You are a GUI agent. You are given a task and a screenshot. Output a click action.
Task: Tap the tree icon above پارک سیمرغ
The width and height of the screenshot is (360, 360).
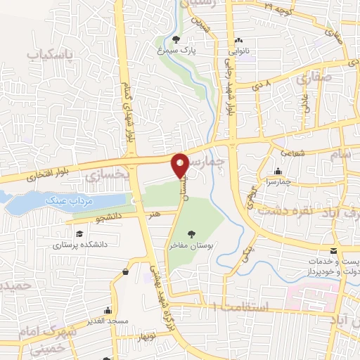point(175,40)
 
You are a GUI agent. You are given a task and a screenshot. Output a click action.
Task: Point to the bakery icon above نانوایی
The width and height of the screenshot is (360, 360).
point(239,40)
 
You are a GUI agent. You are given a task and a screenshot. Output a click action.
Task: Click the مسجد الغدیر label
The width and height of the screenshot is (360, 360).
point(107,320)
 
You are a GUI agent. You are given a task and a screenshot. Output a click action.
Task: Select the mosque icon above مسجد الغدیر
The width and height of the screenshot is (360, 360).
point(108,309)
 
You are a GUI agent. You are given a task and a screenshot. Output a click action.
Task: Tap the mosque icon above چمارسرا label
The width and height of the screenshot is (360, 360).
point(278,171)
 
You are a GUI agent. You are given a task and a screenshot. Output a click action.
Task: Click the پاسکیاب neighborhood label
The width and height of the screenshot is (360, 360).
point(51,53)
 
